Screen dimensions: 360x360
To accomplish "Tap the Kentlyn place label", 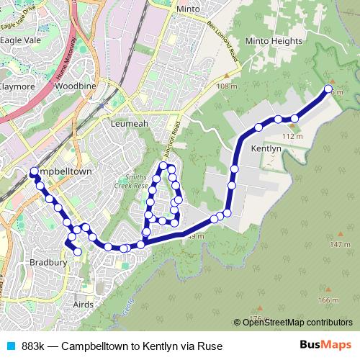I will [265, 148].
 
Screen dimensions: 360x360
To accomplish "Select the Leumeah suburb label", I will [130, 124].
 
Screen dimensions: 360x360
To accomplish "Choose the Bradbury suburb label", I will [48, 263].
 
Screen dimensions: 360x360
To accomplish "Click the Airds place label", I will [84, 305].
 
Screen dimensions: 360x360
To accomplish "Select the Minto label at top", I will [188, 9].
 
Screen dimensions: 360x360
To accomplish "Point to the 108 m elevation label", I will [226, 86].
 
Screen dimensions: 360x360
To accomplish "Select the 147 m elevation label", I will [339, 245].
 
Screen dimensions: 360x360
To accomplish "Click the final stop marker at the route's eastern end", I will [328, 89].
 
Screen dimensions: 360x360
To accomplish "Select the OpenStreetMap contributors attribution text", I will [297, 323].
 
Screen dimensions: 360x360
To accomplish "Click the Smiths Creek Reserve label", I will [131, 180].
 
